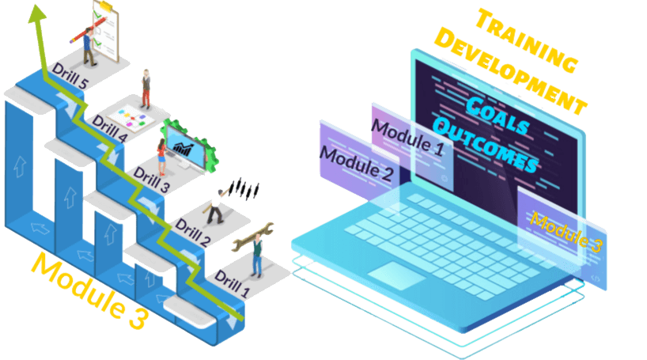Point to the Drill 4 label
pyautogui.click(x=110, y=126)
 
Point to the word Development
pyautogui.click(x=511, y=71)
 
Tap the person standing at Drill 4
pyautogui.click(x=146, y=88)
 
